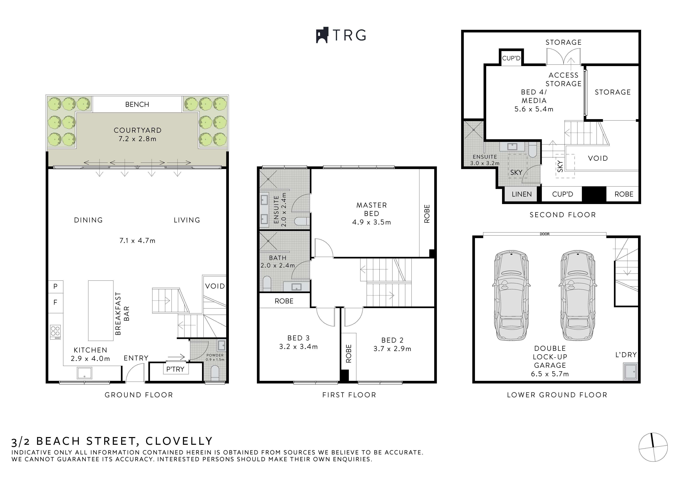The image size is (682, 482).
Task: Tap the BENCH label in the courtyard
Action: pyautogui.click(x=137, y=104)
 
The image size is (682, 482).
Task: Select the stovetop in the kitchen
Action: pyautogui.click(x=55, y=332)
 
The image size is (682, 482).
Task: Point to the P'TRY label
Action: pyautogui.click(x=175, y=369)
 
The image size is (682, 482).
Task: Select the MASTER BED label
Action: pyautogui.click(x=372, y=209)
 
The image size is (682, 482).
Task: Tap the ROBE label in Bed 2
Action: pyautogui.click(x=349, y=353)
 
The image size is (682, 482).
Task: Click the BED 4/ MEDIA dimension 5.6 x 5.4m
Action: pyautogui.click(x=534, y=109)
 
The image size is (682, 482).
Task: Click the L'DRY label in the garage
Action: pyautogui.click(x=626, y=355)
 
